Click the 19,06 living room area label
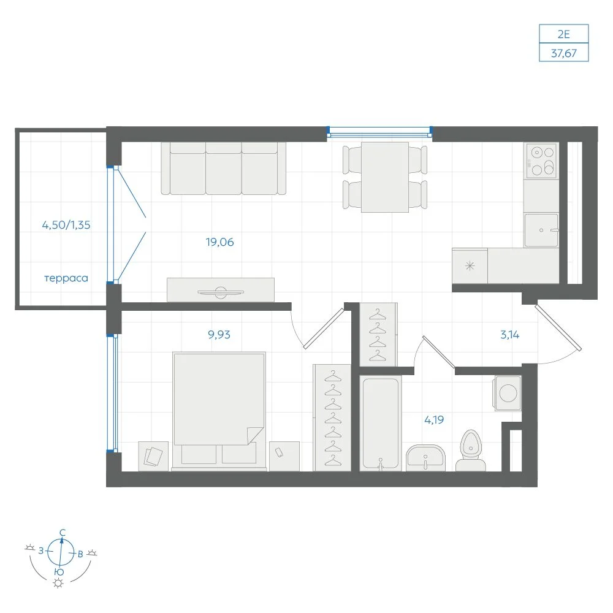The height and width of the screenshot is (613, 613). click(x=219, y=242)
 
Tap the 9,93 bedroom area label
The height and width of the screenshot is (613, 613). click(x=219, y=335)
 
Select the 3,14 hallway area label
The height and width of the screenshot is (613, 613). click(x=510, y=335)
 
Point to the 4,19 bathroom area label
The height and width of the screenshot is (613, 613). click(x=434, y=420)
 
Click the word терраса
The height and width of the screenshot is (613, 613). click(x=66, y=278)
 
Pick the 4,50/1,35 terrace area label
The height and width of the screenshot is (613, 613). click(x=66, y=225)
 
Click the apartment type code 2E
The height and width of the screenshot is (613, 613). click(x=563, y=34)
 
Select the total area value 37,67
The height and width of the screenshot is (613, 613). click(x=564, y=53)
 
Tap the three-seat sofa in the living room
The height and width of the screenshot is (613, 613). click(x=224, y=168)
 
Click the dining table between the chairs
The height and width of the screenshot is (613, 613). click(x=385, y=177)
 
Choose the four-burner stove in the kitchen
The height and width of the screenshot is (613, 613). click(x=541, y=160)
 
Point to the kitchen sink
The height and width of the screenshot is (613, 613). click(x=541, y=230)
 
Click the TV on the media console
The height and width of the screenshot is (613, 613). click(x=221, y=292)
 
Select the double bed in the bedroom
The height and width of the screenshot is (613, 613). click(x=219, y=411)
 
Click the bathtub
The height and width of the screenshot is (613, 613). click(x=381, y=424)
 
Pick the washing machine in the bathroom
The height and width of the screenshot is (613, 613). click(x=508, y=394)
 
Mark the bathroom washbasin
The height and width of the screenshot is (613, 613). click(x=425, y=458)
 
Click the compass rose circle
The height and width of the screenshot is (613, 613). click(x=61, y=552)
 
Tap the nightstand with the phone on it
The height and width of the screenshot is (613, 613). click(x=284, y=456)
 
